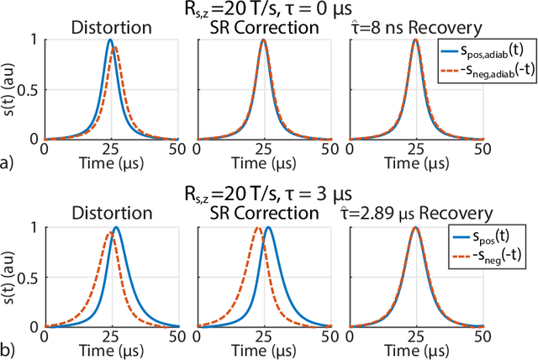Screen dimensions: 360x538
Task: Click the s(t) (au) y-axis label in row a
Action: (x=11, y=88)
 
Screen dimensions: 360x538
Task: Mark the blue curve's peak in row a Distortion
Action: (x=110, y=40)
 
